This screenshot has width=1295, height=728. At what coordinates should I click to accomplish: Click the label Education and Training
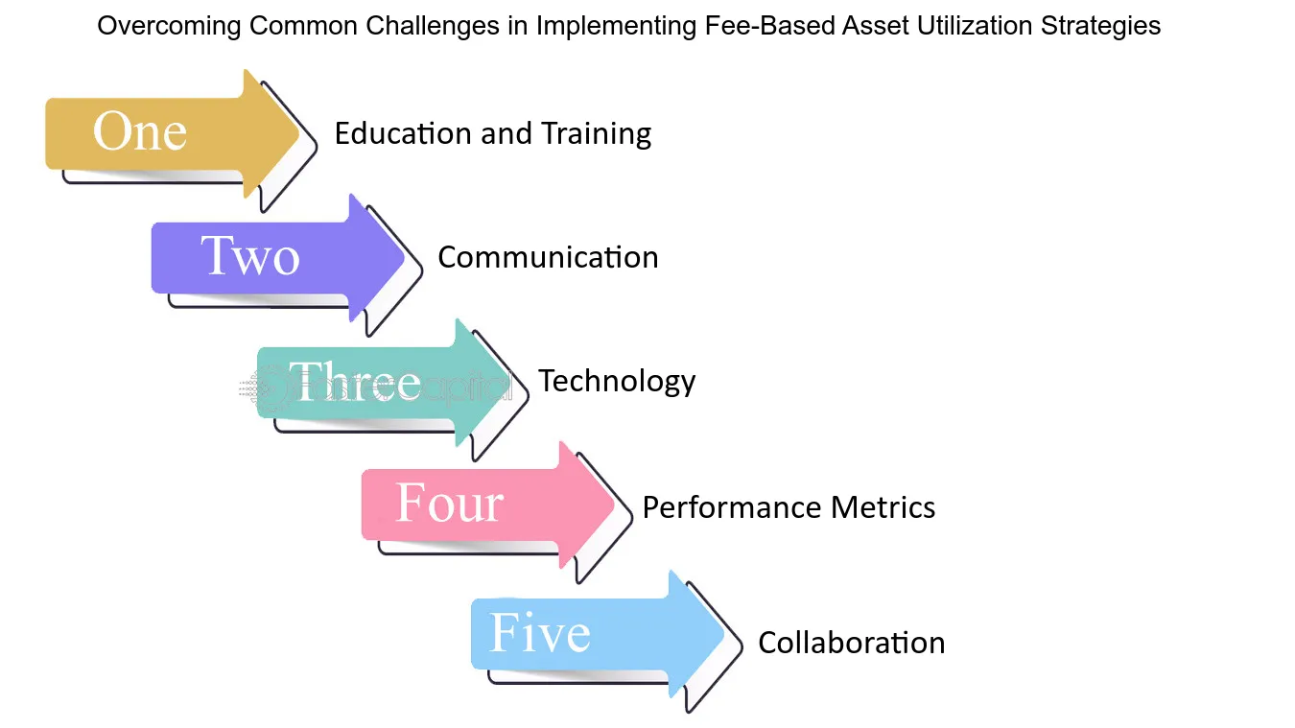coord(492,133)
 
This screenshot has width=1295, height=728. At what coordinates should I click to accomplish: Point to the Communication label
coord(548,257)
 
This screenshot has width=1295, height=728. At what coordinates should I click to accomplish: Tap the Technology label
coord(617,382)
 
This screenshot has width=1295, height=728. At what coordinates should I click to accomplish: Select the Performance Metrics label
coord(789,506)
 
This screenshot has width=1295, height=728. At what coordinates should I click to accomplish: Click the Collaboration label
coord(851,642)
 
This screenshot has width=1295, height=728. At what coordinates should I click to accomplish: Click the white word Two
coord(250,257)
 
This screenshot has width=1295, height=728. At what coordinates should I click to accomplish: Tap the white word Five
coord(540,633)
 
